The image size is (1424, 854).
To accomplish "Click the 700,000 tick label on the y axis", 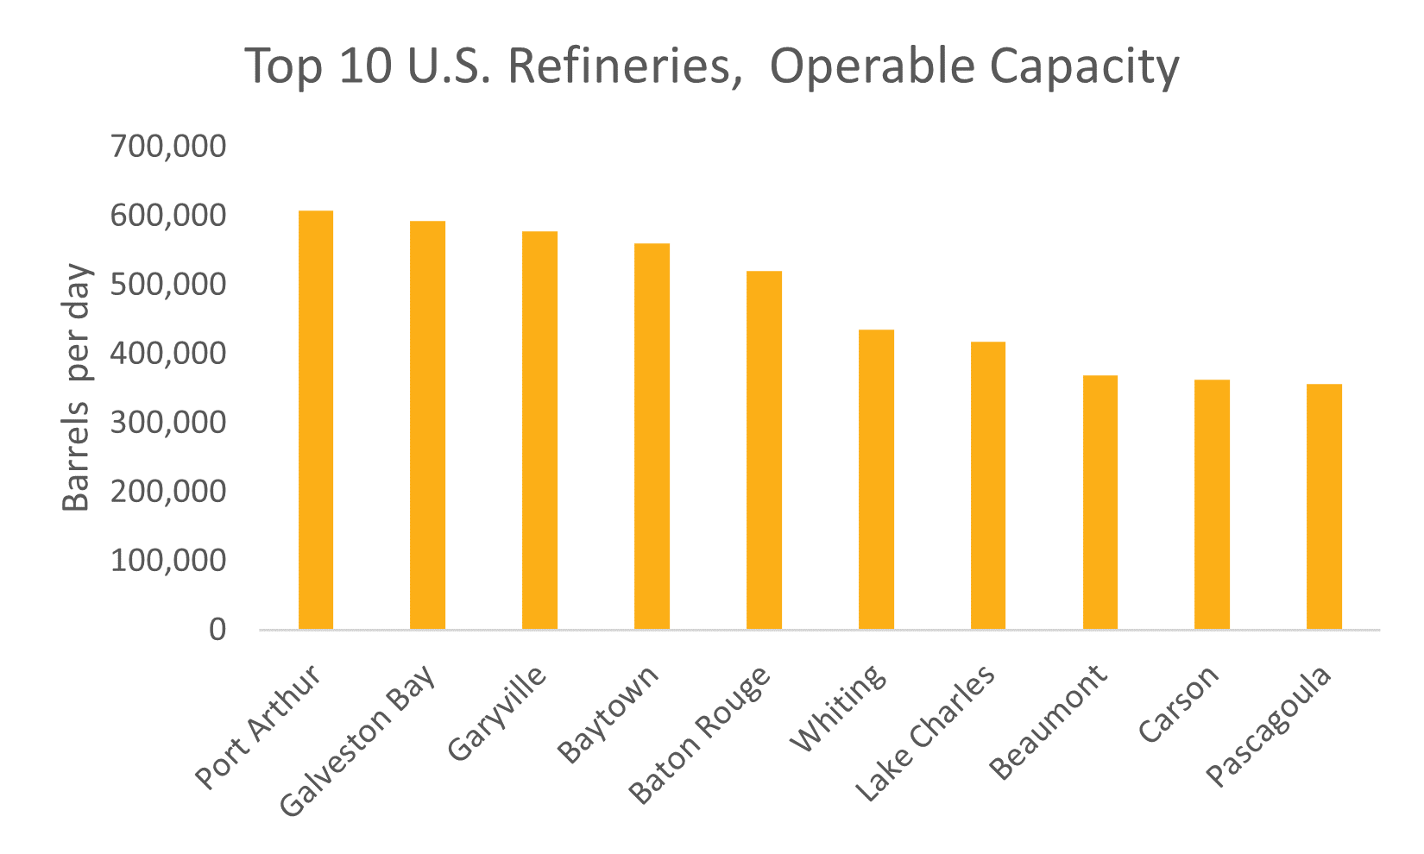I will coord(168,147).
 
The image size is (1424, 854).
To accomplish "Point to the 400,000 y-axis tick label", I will coord(168,354).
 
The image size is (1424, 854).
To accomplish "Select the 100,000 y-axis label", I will coord(168,561).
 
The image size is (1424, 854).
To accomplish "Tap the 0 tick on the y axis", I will coord(217,630).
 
